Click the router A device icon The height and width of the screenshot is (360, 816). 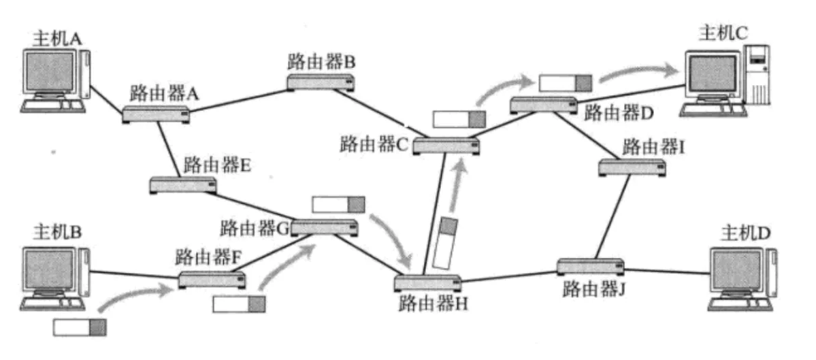click(156, 114)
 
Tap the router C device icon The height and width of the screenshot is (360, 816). click(444, 145)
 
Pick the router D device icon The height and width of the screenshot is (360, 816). click(542, 104)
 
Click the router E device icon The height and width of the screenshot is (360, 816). click(183, 184)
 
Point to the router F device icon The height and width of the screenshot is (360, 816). click(212, 279)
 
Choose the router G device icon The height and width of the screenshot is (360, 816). click(324, 228)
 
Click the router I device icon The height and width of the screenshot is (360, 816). click(631, 166)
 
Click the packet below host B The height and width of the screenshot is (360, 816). click(80, 327)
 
